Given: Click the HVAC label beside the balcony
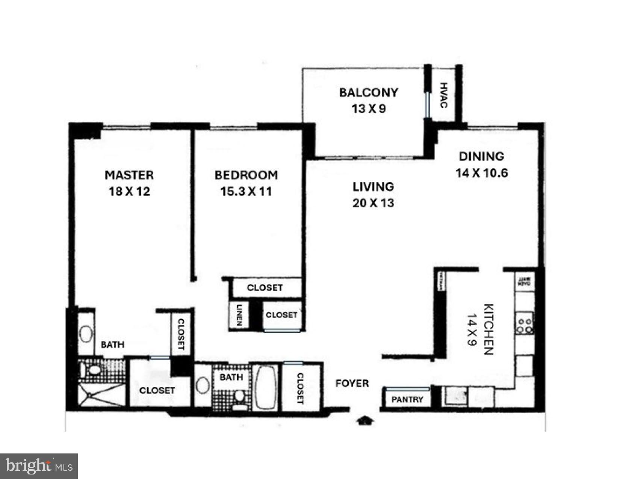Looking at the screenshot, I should [x=444, y=95].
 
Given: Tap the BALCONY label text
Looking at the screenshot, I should [x=368, y=92].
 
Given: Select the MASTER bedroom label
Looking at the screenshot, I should [x=129, y=175].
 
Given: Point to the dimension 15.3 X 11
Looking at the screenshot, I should [x=246, y=192].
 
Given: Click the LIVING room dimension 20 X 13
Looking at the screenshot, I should [x=373, y=203].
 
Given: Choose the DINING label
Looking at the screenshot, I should [x=481, y=156].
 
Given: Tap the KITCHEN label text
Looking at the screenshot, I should [x=488, y=329].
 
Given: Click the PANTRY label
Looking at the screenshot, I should [x=407, y=399].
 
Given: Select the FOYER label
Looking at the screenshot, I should [x=352, y=384].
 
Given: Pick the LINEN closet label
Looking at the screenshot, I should [x=240, y=315].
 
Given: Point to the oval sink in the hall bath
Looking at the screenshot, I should [x=203, y=385].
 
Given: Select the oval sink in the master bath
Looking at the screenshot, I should [x=86, y=334].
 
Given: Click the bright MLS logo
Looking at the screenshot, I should [x=39, y=466].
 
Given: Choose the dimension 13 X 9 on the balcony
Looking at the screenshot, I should [x=369, y=109].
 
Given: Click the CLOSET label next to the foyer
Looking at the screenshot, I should [x=300, y=388].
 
